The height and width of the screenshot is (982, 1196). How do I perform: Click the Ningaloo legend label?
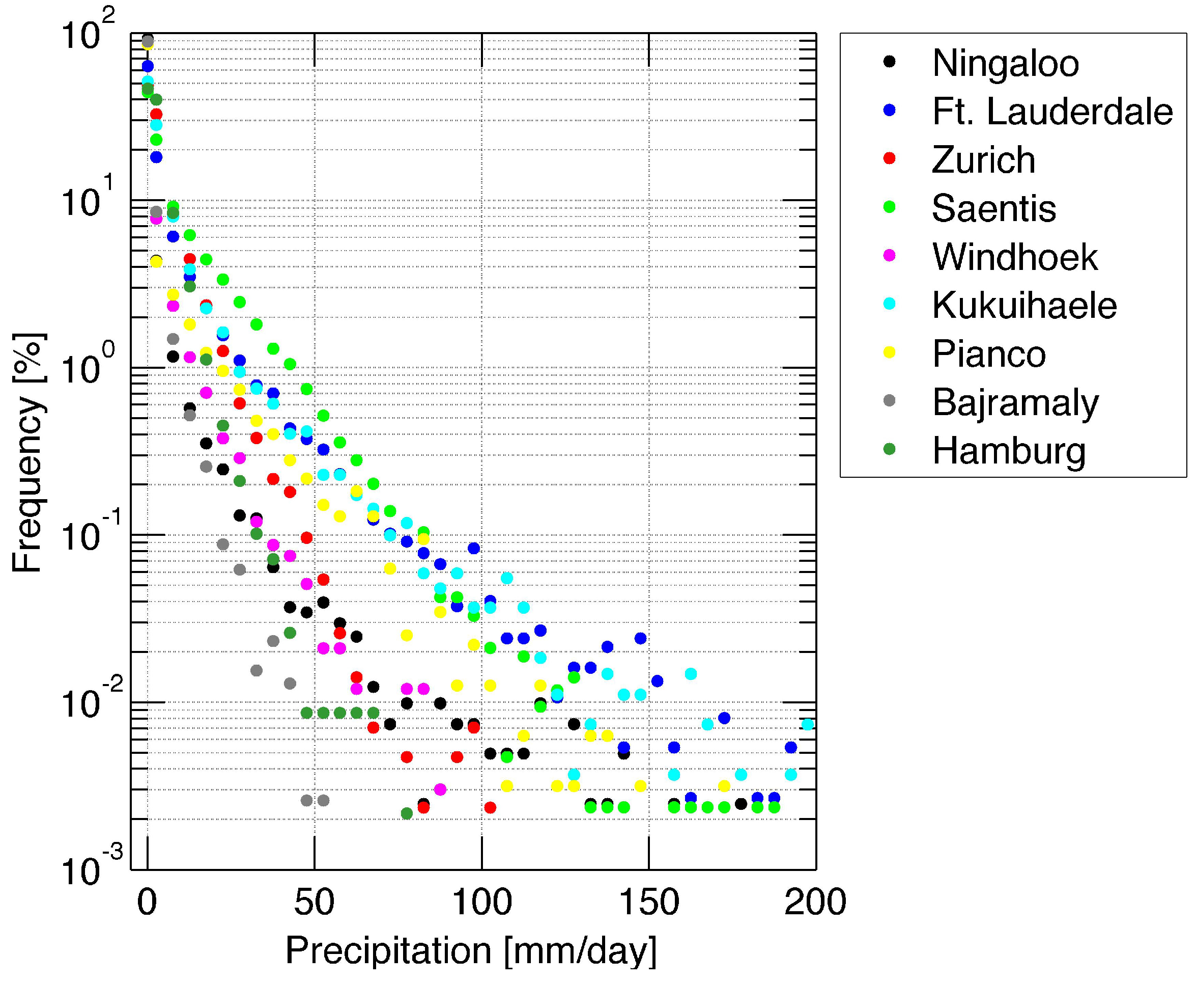pyautogui.click(x=1005, y=63)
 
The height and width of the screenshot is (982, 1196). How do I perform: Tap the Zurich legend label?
pyautogui.click(x=983, y=159)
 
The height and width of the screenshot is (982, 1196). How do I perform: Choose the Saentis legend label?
pyautogui.click(x=993, y=208)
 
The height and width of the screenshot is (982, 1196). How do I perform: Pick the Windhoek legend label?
pyautogui.click(x=1015, y=257)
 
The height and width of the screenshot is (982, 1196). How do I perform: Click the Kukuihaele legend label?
pyautogui.click(x=1024, y=306)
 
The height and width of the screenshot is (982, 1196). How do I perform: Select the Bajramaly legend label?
pyautogui.click(x=1015, y=403)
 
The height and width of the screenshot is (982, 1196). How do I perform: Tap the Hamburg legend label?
pyautogui.click(x=1009, y=451)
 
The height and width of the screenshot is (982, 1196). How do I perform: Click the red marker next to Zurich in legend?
pyautogui.click(x=890, y=158)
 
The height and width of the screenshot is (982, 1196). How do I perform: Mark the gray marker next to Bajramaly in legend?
pyautogui.click(x=890, y=400)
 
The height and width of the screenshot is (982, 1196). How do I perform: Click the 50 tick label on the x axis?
pyautogui.click(x=314, y=902)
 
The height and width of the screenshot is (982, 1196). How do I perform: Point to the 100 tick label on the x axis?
pyautogui.click(x=481, y=902)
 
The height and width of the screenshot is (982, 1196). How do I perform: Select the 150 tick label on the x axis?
pyautogui.click(x=649, y=902)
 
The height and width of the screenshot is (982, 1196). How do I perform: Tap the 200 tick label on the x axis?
pyautogui.click(x=815, y=902)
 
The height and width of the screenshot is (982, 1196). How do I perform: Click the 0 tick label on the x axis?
pyautogui.click(x=147, y=902)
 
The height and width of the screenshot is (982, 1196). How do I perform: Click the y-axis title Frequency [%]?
pyautogui.click(x=27, y=452)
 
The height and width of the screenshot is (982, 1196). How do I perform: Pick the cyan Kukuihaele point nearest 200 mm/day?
pyautogui.click(x=807, y=725)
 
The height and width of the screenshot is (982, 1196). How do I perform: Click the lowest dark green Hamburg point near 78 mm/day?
pyautogui.click(x=407, y=813)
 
